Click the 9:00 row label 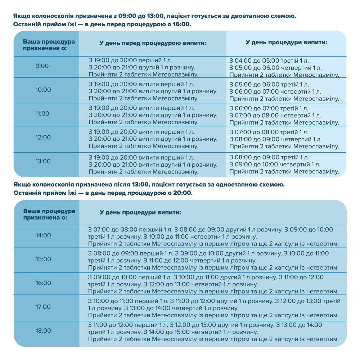(42, 66)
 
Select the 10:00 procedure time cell (43, 90)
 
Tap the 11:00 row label (42, 114)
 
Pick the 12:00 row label (43, 138)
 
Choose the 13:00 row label (43, 161)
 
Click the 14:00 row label (43, 235)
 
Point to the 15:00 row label (43, 259)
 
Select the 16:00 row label (43, 283)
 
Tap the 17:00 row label (43, 307)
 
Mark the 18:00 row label (43, 330)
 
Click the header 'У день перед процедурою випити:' (153, 43)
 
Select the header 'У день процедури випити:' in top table (286, 42)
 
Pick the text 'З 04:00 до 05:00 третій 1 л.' (269, 61)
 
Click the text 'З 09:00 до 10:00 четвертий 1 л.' (275, 165)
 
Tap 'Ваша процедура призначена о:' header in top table (49, 43)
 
